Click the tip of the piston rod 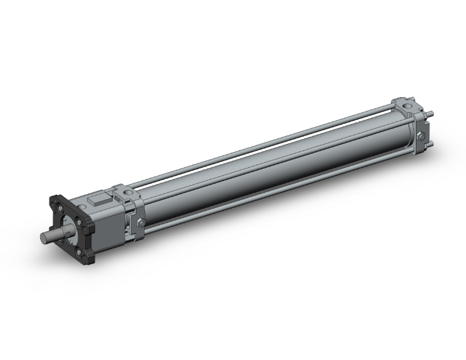coord(44,238)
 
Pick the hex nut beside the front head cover coord(140,224)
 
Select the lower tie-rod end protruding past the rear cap coord(432,147)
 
